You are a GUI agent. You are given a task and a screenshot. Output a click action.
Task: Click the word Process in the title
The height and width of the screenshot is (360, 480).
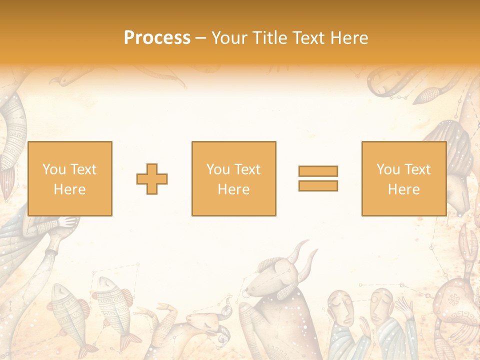point(157,38)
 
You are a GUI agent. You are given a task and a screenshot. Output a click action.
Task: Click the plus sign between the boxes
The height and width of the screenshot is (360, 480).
point(152,178)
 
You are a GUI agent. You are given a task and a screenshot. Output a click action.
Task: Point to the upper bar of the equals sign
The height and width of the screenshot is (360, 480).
point(318,171)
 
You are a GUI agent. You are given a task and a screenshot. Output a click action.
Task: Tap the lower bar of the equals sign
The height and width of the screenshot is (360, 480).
point(318,186)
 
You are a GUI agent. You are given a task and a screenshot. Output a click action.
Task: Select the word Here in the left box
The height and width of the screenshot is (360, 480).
point(69,189)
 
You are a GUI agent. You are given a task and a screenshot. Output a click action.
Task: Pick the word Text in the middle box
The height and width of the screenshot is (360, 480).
point(247,169)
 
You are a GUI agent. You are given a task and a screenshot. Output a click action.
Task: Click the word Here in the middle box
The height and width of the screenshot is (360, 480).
point(233,189)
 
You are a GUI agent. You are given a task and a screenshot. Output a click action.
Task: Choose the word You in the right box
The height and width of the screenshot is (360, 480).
point(388,169)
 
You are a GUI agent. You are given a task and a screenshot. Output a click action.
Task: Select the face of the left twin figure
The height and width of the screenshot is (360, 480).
point(340,305)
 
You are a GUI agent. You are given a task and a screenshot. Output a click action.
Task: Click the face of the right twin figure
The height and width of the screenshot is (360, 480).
point(380,305)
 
